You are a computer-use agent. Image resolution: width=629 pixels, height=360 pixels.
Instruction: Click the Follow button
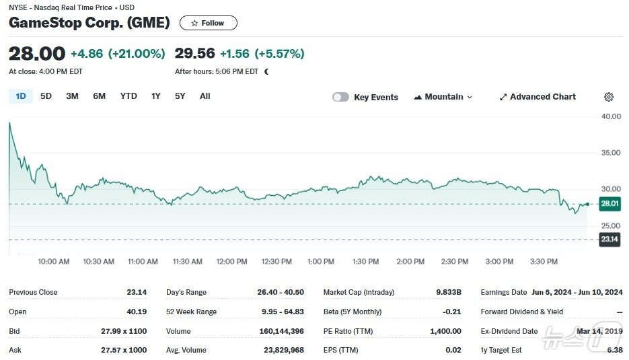[x=208, y=23]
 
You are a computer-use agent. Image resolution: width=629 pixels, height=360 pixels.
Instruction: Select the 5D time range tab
[x=46, y=96]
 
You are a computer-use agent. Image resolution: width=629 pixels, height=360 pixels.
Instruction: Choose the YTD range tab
[x=128, y=96]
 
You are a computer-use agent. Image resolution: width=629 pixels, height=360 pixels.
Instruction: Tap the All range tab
[x=205, y=96]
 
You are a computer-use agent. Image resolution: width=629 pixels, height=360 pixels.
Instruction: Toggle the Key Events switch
[x=341, y=97]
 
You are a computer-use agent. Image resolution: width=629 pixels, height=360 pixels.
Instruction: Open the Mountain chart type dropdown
[x=443, y=97]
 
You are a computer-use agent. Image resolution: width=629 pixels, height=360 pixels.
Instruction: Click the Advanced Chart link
[x=538, y=97]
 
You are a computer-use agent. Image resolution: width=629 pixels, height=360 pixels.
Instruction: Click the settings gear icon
[x=609, y=97]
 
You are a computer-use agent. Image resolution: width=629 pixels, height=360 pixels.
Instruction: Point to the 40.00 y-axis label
[x=611, y=116]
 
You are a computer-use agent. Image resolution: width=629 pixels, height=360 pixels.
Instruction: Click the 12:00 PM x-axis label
[x=232, y=262]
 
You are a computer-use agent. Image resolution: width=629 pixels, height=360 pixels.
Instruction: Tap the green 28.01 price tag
[x=609, y=204]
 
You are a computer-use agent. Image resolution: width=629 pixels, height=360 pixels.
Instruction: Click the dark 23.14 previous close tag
[x=609, y=240]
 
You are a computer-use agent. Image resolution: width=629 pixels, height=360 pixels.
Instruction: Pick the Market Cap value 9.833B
[x=449, y=292]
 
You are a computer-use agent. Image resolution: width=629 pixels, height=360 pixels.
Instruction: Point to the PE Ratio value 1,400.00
[x=445, y=331]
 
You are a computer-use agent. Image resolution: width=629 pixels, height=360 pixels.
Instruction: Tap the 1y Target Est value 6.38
[x=614, y=350]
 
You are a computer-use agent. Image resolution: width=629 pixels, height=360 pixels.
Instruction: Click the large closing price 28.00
[x=37, y=54]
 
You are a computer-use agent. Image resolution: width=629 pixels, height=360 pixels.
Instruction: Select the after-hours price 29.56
[x=194, y=54]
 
